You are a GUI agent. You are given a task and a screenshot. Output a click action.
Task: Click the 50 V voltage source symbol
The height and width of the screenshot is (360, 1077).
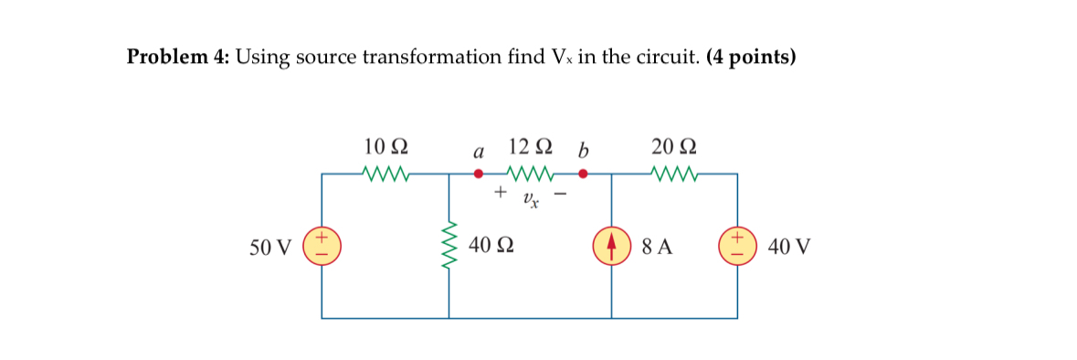point(322,246)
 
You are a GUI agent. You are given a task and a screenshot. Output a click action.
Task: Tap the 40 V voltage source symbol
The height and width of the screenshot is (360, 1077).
point(737,246)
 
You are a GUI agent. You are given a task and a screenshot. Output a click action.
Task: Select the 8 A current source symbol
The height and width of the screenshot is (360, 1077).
point(611,246)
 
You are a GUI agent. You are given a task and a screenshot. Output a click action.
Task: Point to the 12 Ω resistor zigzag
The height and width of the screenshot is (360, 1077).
point(529,173)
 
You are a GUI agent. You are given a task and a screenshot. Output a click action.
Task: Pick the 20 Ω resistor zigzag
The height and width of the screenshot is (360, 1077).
point(675,173)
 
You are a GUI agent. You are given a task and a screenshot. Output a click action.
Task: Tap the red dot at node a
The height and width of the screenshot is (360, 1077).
point(477,173)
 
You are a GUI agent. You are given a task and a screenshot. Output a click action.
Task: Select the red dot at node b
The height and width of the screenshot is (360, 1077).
point(581,173)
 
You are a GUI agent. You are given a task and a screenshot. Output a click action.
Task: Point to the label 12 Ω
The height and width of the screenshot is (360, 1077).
point(530,146)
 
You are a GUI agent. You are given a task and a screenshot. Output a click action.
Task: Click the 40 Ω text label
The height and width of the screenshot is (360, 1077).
point(490,246)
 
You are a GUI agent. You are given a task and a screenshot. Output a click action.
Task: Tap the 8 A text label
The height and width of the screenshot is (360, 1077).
point(658,246)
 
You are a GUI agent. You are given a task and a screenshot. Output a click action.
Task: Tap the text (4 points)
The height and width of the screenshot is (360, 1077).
point(751,58)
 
